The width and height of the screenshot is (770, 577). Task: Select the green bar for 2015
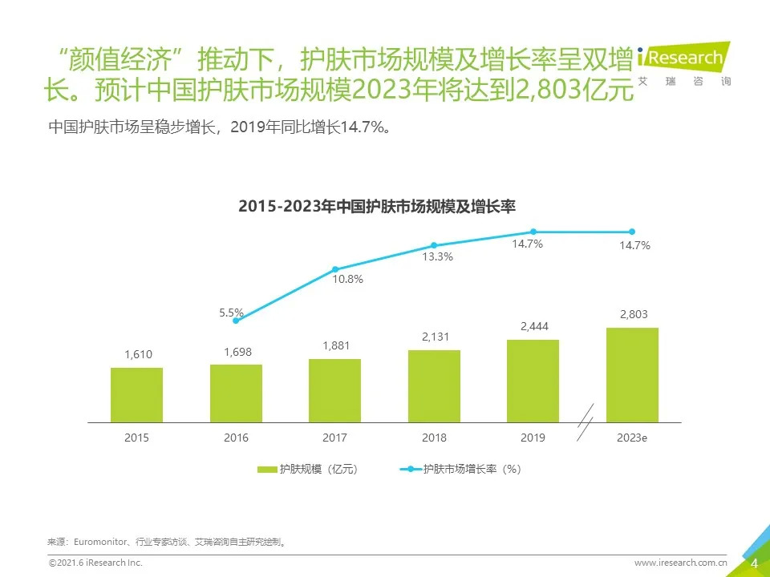click(x=136, y=395)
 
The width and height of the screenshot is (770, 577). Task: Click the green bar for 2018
click(x=434, y=386)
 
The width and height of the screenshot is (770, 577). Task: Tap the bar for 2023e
click(x=632, y=375)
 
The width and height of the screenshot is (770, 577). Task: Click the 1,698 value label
click(x=236, y=351)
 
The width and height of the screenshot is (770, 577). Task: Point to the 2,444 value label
click(x=533, y=326)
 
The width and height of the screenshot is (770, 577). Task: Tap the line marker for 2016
click(x=237, y=320)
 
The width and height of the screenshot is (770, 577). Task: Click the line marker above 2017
click(x=335, y=269)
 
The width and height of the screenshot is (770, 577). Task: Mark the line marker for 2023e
click(x=632, y=232)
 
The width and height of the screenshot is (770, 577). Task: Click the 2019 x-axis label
click(x=533, y=438)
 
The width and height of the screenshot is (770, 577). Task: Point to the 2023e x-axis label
click(x=632, y=438)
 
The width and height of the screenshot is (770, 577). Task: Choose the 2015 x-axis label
click(x=136, y=438)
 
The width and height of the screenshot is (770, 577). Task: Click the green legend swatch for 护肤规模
click(x=267, y=470)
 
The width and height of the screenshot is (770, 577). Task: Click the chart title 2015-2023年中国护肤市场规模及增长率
click(x=377, y=206)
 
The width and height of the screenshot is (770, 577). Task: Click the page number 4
click(x=754, y=563)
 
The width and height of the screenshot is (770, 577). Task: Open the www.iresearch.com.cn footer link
click(x=680, y=563)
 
